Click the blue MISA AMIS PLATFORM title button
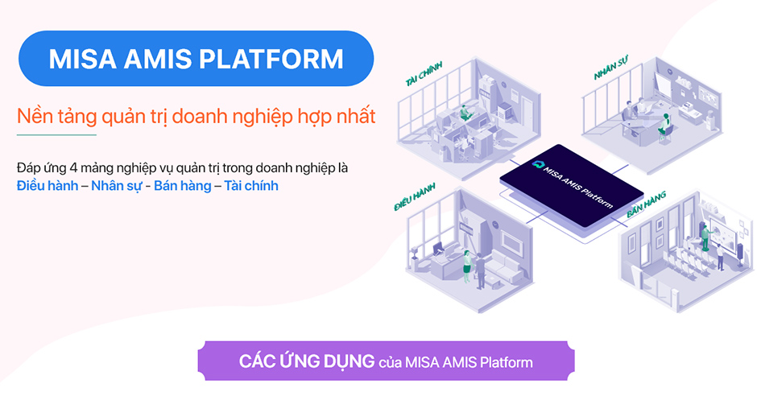click(x=196, y=59)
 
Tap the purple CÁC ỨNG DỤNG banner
click(x=386, y=361)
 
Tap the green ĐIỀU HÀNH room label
click(x=415, y=196)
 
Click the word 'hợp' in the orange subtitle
click(x=316, y=117)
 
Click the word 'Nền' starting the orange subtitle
click(x=33, y=117)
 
